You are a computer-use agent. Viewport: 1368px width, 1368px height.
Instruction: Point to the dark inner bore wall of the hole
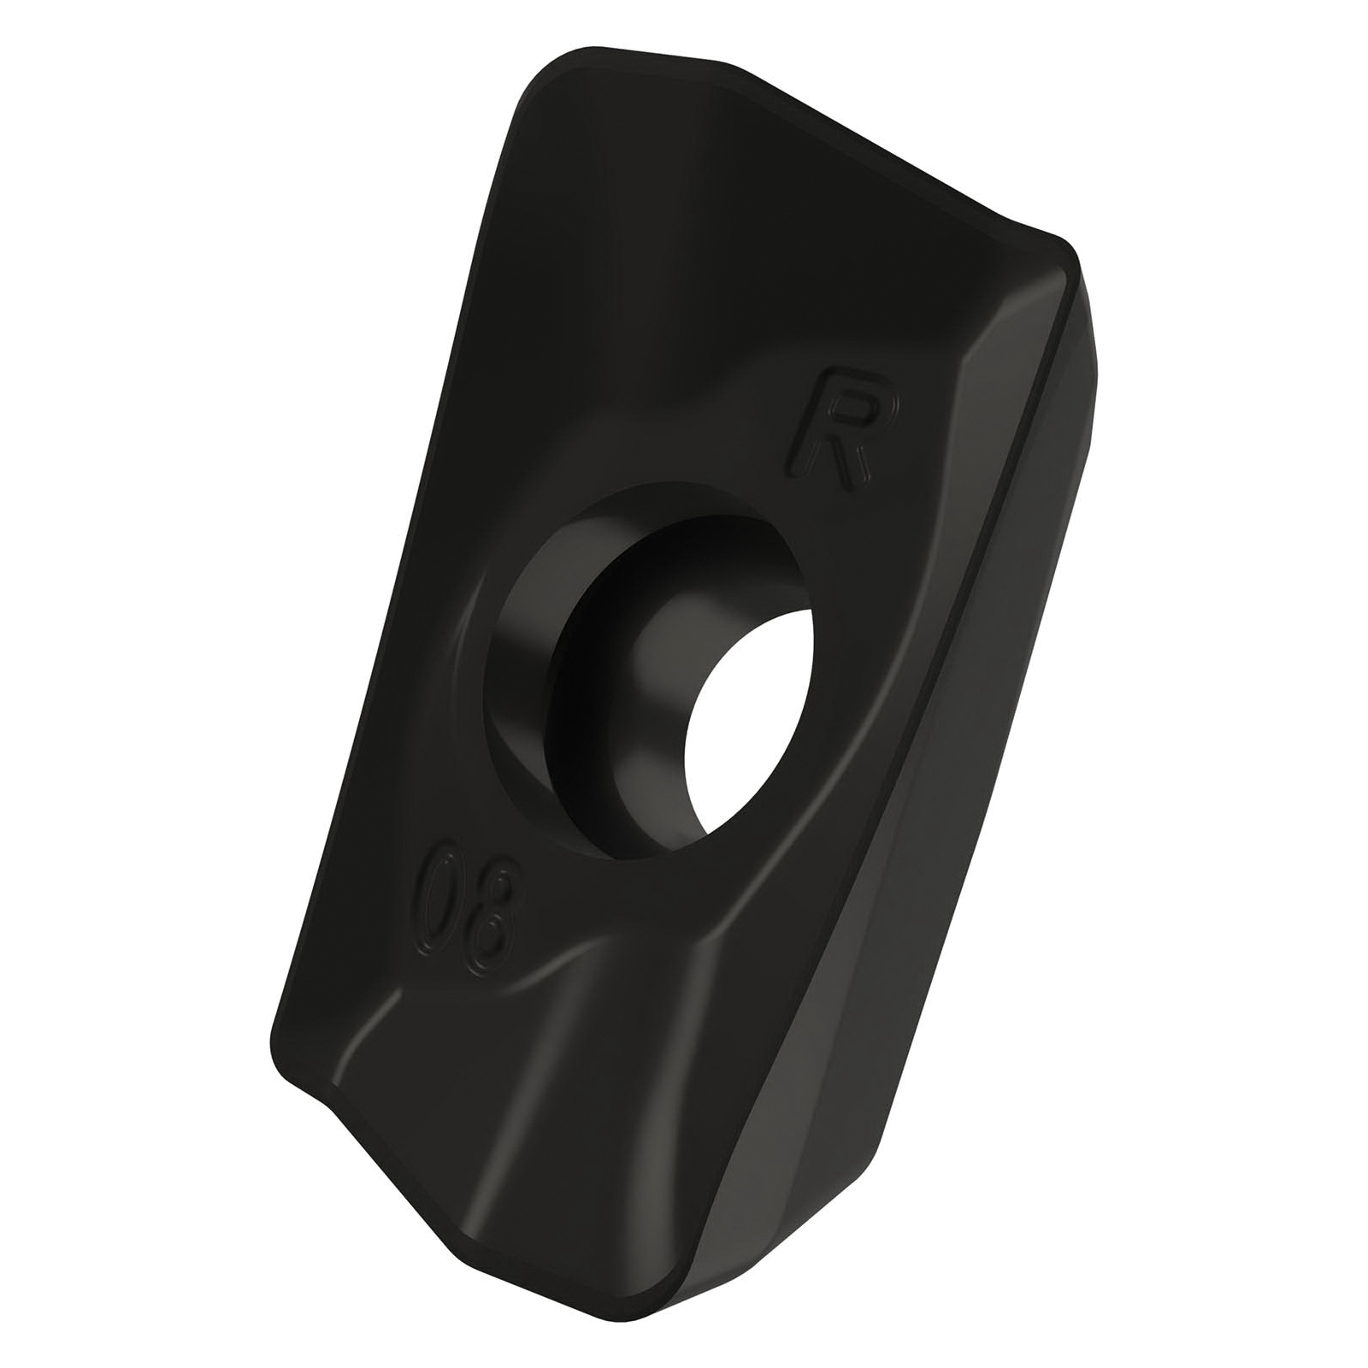pos(633,675)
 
